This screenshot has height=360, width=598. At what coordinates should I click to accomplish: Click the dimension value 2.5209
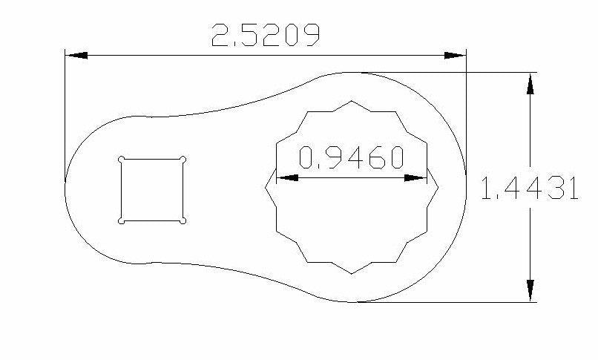point(266,36)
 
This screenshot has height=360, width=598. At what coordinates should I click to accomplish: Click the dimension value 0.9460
point(351,158)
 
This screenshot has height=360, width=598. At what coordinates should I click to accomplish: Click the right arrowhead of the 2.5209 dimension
point(454,55)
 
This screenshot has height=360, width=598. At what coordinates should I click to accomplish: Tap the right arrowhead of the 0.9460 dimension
point(418,178)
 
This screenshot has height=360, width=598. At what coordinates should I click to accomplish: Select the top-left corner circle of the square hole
point(121,158)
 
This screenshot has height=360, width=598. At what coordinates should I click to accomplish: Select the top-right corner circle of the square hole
point(183,158)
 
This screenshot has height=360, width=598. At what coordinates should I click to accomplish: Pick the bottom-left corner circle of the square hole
point(121,220)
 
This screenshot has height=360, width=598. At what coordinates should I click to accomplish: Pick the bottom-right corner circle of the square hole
point(183,220)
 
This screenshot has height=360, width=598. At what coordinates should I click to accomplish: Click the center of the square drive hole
point(152,189)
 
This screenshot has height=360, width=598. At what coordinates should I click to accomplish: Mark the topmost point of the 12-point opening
point(352,101)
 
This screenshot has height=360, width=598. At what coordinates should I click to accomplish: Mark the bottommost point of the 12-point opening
point(352,274)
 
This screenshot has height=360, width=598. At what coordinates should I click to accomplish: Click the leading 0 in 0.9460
point(307,158)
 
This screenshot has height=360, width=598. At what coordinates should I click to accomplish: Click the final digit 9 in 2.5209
point(311,36)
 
